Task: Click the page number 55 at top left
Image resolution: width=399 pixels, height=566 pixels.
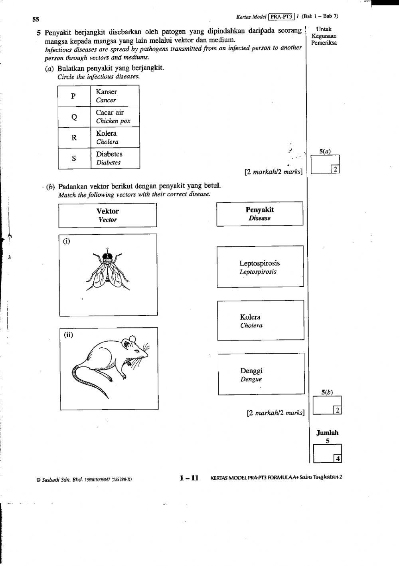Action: point(36,19)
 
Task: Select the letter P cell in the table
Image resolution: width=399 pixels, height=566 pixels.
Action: point(73,96)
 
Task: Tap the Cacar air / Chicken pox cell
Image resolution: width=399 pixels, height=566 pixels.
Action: point(115,117)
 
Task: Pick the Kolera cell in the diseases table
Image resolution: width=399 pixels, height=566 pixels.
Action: point(115,137)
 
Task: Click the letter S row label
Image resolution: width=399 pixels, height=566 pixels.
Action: point(74,158)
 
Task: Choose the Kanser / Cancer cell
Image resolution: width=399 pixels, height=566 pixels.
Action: point(115,96)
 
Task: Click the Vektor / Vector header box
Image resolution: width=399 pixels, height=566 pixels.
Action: point(107,215)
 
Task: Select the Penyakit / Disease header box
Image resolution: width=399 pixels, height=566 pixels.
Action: point(260,214)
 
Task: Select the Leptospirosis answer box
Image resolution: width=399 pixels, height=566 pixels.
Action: point(260,267)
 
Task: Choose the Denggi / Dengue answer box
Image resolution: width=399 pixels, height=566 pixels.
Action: point(261,374)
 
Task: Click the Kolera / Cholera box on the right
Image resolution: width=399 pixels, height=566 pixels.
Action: point(260,321)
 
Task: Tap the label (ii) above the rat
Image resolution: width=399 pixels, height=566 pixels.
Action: point(69,335)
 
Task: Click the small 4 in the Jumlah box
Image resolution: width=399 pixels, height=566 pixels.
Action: point(338,459)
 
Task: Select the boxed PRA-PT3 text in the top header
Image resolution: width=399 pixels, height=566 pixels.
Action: point(282,16)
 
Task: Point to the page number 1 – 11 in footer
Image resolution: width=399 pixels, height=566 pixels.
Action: point(189,478)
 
